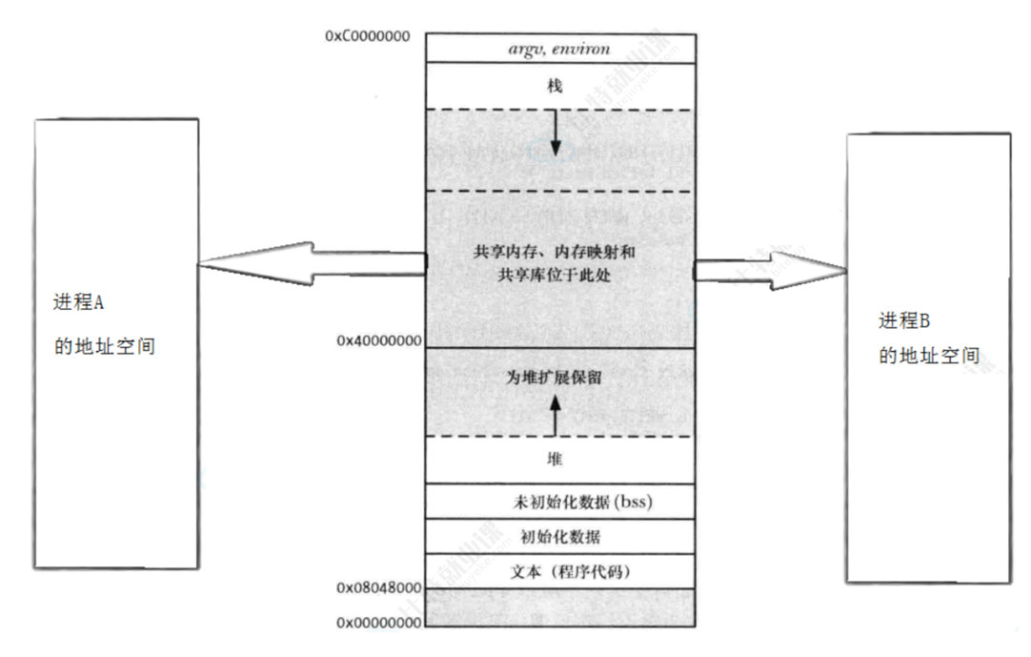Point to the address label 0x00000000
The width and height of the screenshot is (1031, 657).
click(378, 623)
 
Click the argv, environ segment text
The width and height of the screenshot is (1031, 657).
click(559, 47)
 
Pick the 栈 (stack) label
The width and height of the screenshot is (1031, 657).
click(556, 86)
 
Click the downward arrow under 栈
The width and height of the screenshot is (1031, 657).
click(556, 134)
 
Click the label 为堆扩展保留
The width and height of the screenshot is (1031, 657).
click(557, 377)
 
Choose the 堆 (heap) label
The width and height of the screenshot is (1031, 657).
click(556, 460)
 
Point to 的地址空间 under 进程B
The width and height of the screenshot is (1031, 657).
click(929, 357)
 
